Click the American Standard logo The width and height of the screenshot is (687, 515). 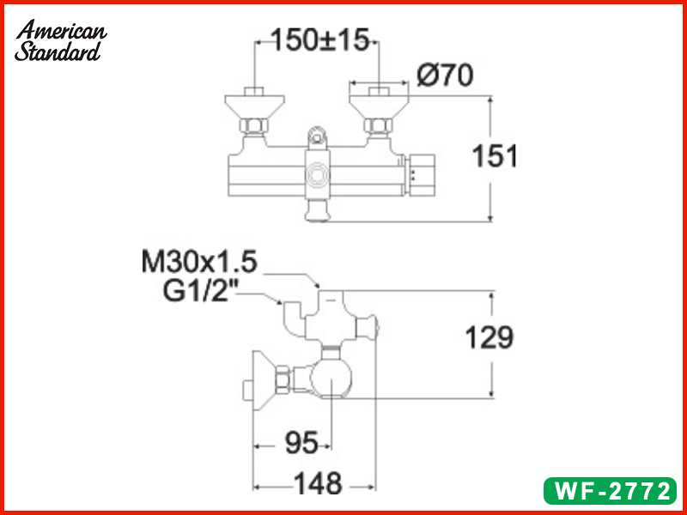pos(60,40)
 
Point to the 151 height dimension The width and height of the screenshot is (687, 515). pos(495,157)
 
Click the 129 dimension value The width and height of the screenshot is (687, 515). pos(489,337)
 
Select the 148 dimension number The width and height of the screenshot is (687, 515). pos(318,484)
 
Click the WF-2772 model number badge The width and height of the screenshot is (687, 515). pos(611,492)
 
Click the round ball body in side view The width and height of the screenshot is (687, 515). pos(331,378)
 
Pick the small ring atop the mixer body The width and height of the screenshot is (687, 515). pos(319,135)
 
